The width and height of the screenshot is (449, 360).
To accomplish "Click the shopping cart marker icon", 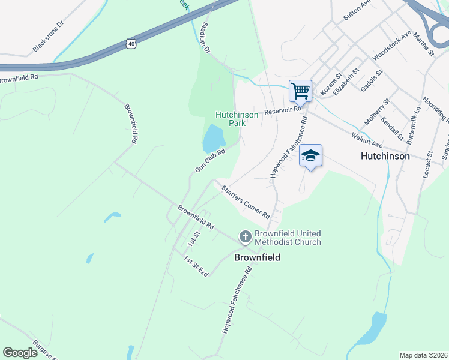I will click(x=300, y=91).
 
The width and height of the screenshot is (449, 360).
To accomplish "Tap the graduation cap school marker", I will click(x=310, y=155).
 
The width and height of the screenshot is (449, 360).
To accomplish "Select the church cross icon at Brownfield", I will click(x=245, y=238).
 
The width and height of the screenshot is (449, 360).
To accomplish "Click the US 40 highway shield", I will click(x=131, y=43).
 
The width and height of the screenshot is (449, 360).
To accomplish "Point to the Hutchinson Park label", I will click(x=237, y=118).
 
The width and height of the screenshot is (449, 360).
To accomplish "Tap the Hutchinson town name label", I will click(x=385, y=155).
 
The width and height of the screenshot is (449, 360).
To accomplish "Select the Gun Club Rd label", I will click(x=209, y=161).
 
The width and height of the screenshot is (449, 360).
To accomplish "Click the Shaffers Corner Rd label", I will click(x=246, y=202).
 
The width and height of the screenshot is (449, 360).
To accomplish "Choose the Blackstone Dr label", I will click(x=48, y=38).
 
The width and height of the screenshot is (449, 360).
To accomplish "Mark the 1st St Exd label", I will click(x=196, y=266).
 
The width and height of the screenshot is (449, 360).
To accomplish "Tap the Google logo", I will click(x=20, y=353).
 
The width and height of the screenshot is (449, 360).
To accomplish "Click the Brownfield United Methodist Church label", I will click(x=288, y=238).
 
